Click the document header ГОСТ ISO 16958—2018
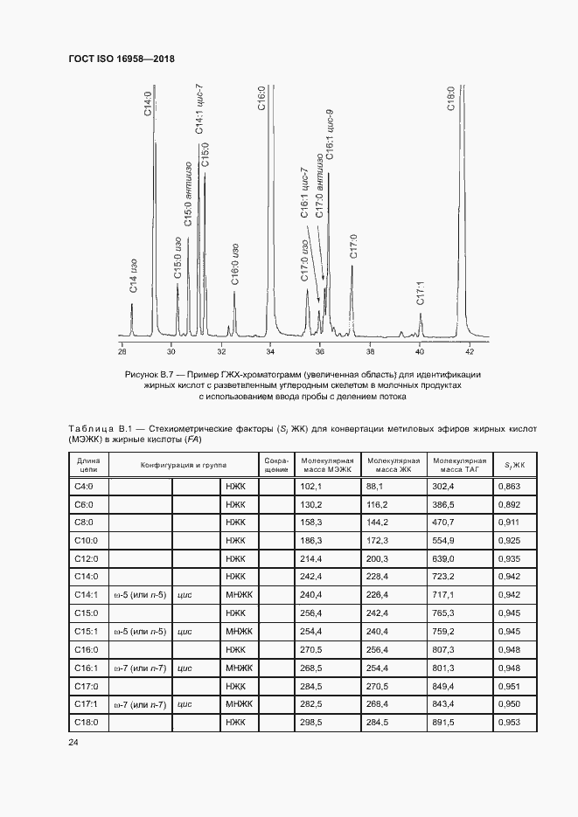[x=122, y=59]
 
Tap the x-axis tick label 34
[x=270, y=351]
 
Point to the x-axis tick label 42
[x=470, y=351]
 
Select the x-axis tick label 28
[x=122, y=351]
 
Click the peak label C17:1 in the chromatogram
[x=421, y=293]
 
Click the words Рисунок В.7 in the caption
[x=153, y=374]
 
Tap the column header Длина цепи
[x=88, y=464]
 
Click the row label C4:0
[x=88, y=485]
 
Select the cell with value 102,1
[x=312, y=485]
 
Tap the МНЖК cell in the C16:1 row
[x=236, y=668]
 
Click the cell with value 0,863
[x=508, y=485]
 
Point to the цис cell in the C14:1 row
[x=185, y=594]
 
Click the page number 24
[x=73, y=743]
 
